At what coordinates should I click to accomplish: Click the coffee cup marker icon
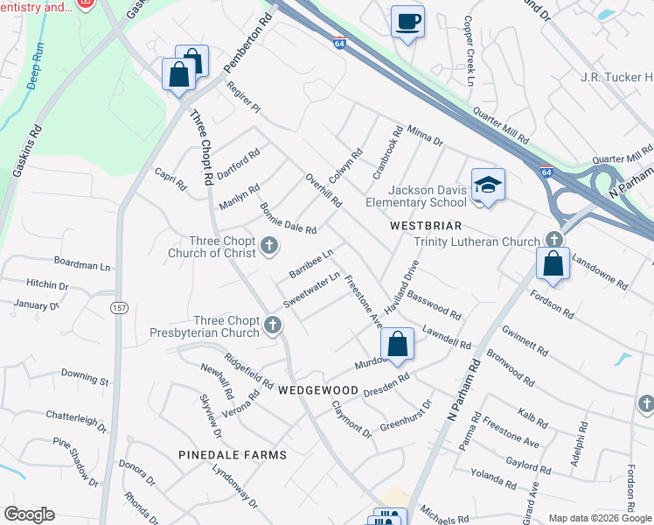pyautogui.click(x=407, y=21)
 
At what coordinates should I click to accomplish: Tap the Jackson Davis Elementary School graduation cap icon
pyautogui.click(x=488, y=184)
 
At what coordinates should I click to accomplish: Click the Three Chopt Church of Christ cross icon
pyautogui.click(x=270, y=243)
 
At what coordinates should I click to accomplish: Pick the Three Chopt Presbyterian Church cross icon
pyautogui.click(x=272, y=325)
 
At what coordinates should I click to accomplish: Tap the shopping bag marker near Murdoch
pyautogui.click(x=397, y=344)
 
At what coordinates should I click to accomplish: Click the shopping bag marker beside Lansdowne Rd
pyautogui.click(x=553, y=263)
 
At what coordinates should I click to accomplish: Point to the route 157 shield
pyautogui.click(x=120, y=308)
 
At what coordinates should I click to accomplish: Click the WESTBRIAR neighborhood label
pyautogui.click(x=426, y=226)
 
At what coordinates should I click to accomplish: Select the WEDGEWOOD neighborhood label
pyautogui.click(x=318, y=389)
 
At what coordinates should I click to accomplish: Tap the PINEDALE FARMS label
pyautogui.click(x=233, y=455)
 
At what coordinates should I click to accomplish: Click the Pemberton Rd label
pyautogui.click(x=248, y=45)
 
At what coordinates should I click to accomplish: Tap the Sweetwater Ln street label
pyautogui.click(x=311, y=290)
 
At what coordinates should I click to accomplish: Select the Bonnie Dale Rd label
pyautogui.click(x=288, y=218)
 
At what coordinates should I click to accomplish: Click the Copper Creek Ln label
pyautogui.click(x=469, y=51)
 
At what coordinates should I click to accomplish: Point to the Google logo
pyautogui.click(x=29, y=514)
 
